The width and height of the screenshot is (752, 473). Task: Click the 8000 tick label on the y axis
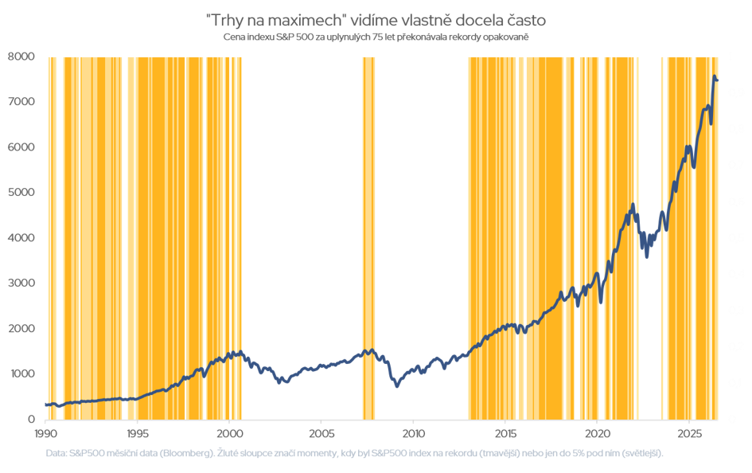click(21, 57)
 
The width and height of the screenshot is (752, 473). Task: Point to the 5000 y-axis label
click(21, 193)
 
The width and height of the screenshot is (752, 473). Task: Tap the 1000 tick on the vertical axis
click(21, 373)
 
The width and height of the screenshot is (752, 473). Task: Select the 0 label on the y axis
click(32, 420)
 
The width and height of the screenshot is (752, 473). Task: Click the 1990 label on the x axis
click(45, 434)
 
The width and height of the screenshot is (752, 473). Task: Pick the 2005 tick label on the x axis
click(321, 434)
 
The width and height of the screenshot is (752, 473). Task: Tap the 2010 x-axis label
click(414, 434)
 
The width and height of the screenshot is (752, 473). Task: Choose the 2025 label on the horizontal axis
click(689, 434)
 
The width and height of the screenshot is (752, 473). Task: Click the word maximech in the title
click(306, 21)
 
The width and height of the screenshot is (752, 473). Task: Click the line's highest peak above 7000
click(714, 76)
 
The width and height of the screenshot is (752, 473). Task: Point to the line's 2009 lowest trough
click(397, 385)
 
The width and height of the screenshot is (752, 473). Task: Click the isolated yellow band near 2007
click(368, 238)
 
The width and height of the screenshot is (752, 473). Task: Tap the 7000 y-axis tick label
click(21, 102)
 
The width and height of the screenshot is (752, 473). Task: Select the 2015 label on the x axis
click(505, 434)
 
